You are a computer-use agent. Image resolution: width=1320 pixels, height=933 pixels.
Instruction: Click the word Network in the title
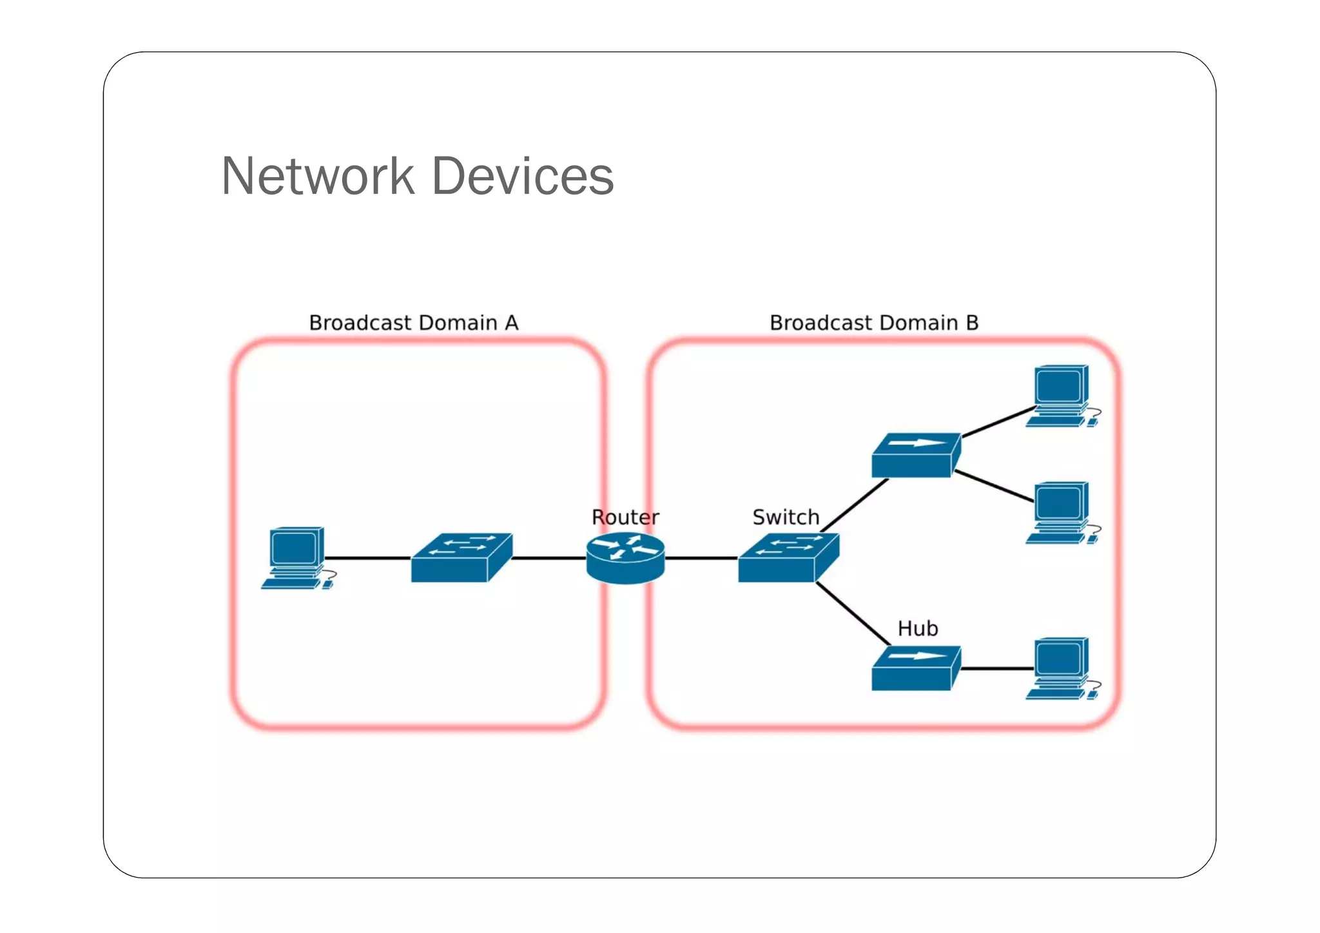click(318, 176)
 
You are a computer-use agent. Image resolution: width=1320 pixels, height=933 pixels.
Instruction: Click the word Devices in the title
click(523, 176)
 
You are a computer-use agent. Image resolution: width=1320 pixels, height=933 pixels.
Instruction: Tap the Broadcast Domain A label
click(413, 322)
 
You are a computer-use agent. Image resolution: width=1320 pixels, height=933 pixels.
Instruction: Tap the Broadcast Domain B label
click(873, 322)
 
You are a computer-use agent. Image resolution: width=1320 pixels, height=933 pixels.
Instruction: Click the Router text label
click(625, 517)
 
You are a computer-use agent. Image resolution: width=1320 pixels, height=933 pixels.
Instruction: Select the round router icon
click(625, 558)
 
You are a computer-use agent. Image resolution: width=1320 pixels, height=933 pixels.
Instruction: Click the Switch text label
click(785, 517)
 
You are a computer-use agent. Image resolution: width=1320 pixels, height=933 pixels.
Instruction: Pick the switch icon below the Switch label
click(788, 559)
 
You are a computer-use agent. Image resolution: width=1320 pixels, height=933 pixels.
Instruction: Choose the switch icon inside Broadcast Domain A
click(461, 559)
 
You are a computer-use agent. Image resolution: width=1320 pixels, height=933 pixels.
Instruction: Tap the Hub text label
click(917, 628)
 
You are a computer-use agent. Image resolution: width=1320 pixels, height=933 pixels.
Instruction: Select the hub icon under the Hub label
click(915, 669)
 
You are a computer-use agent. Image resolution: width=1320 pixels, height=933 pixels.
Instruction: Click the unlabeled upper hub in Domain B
click(915, 456)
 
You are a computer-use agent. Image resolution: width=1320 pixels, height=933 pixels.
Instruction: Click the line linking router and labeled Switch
click(701, 558)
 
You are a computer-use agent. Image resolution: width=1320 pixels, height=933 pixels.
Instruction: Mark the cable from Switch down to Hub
click(853, 614)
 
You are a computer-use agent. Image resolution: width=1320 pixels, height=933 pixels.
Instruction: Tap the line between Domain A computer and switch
click(367, 558)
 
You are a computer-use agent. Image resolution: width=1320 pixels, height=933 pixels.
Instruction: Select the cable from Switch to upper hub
click(855, 505)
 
